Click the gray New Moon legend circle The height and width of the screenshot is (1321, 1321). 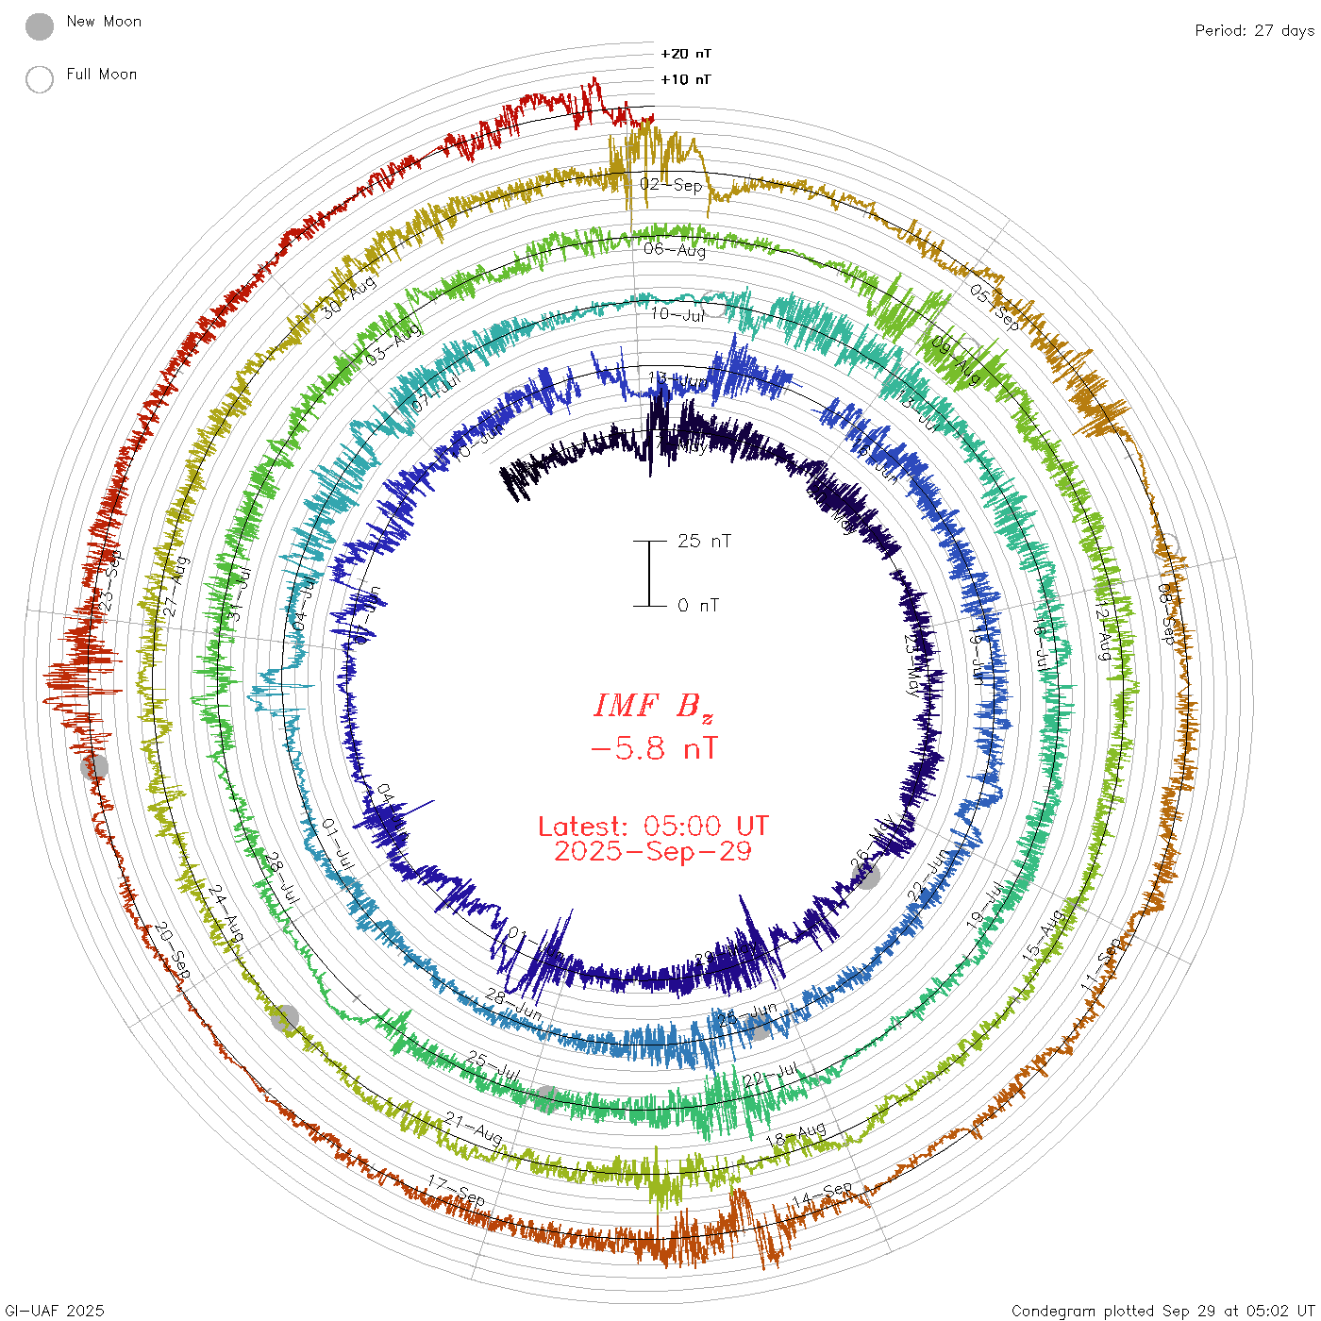click(40, 26)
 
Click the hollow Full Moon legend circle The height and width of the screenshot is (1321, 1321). click(40, 79)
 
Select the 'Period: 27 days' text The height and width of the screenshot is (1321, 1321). click(1254, 30)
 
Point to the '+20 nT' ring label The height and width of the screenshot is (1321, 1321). click(686, 54)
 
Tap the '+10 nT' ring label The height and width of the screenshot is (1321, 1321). click(686, 79)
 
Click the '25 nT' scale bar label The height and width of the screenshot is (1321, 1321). click(704, 541)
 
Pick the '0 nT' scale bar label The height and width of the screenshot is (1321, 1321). click(698, 605)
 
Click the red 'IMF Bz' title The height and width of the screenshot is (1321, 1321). click(653, 706)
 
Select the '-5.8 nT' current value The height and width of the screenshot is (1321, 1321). click(653, 749)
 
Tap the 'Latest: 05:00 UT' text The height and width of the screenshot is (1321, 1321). click(653, 827)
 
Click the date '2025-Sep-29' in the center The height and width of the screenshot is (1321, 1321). click(653, 851)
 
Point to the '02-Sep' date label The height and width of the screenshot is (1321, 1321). click(672, 185)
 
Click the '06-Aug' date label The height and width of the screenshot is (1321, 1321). click(675, 250)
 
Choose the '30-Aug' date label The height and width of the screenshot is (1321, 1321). click(349, 296)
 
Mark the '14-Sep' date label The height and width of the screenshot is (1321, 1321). click(822, 1195)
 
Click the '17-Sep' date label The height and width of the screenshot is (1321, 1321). click(457, 1191)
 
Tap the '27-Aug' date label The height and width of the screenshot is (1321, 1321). click(176, 587)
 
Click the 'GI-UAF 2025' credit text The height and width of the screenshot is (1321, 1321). click(54, 1311)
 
